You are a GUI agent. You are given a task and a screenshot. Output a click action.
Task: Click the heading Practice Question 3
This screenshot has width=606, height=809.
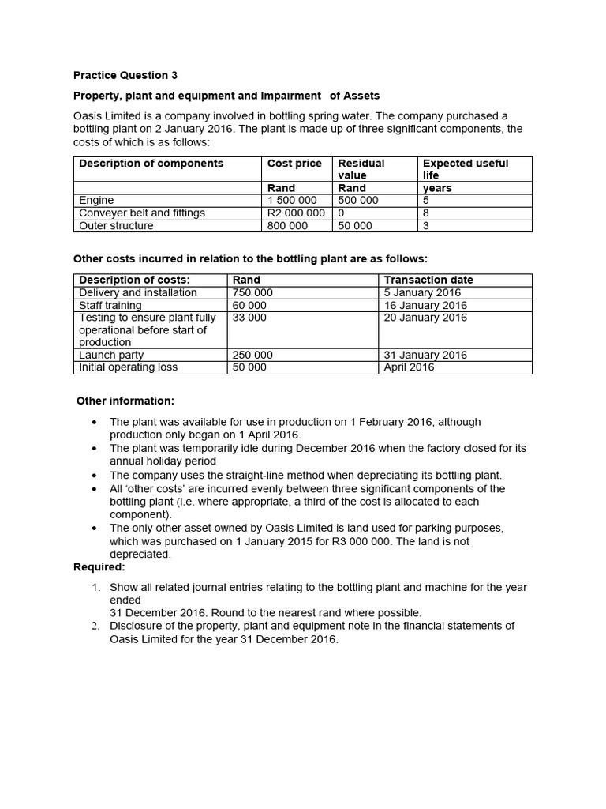pos(125,76)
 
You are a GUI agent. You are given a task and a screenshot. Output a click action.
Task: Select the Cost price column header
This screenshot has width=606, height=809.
pos(294,164)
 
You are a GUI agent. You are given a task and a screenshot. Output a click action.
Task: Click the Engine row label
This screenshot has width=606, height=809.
pos(96,201)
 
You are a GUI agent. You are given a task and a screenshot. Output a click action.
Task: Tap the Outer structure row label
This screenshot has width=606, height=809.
pos(116,226)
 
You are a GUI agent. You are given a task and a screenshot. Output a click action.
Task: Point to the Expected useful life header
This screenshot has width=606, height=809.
pos(466,169)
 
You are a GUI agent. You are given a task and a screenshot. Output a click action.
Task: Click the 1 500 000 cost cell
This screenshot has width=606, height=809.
pos(292,201)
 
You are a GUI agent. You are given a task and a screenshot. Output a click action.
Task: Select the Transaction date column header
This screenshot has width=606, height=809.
pos(428,280)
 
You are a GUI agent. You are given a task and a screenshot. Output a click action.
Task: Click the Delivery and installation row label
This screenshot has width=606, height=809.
pos(138,292)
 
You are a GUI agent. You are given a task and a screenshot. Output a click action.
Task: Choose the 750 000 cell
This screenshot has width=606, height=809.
pos(253,292)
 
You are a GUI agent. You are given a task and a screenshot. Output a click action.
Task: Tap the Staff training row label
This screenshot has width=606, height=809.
pos(110,305)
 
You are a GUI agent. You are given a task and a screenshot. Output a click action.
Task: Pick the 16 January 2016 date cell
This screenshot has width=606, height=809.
pos(425,305)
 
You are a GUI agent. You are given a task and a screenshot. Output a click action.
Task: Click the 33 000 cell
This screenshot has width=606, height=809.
pos(250,318)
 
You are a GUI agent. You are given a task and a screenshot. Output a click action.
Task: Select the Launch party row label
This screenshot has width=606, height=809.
pos(111,355)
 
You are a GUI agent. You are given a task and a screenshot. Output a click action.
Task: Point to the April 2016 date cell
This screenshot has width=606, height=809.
pos(409,367)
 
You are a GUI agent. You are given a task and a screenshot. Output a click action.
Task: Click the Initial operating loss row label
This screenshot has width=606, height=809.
pos(129,367)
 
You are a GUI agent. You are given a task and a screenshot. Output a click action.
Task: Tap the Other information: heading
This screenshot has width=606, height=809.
pos(125,401)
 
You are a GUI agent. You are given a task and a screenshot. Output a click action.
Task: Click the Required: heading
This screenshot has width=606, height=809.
pos(99,567)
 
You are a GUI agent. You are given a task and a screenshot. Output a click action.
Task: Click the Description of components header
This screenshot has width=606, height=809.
pos(151,164)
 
